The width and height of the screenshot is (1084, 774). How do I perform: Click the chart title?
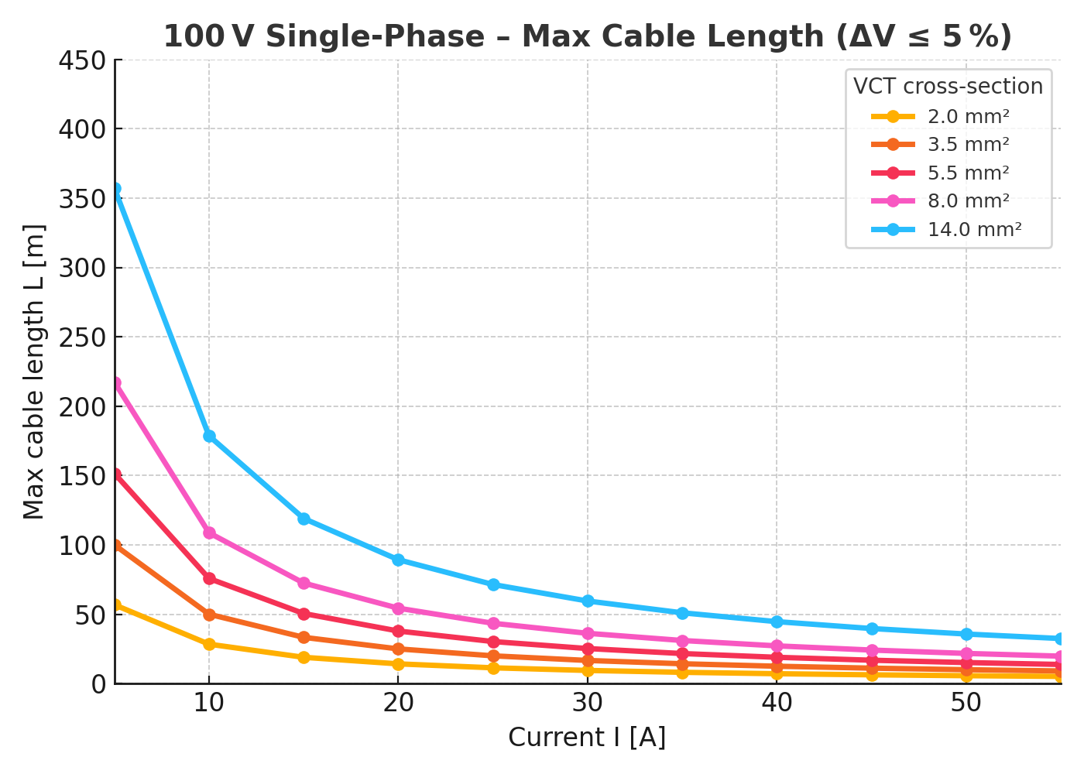pyautogui.click(x=588, y=37)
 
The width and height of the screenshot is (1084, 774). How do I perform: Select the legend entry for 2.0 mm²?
pyautogui.click(x=968, y=117)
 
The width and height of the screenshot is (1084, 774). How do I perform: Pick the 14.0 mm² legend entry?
pyautogui.click(x=974, y=229)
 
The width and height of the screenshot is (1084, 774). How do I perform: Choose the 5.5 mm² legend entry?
pyautogui.click(x=968, y=173)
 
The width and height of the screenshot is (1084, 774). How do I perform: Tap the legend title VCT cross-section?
pyautogui.click(x=948, y=86)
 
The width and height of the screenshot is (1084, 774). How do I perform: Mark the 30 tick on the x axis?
pyautogui.click(x=588, y=703)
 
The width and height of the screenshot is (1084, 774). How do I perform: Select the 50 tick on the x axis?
pyautogui.click(x=966, y=703)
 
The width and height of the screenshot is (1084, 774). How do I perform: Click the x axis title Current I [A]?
pyautogui.click(x=587, y=738)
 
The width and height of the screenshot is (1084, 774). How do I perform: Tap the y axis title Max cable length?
pyautogui.click(x=34, y=372)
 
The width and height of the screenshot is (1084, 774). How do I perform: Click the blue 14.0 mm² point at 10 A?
pyautogui.click(x=209, y=437)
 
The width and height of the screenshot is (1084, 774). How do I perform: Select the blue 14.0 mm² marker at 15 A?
pyautogui.click(x=304, y=519)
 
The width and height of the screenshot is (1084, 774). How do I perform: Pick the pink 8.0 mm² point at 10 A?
pyautogui.click(x=209, y=533)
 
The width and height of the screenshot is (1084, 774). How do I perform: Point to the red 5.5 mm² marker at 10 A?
pyautogui.click(x=209, y=578)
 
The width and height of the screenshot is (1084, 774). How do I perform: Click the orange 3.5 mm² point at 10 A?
pyautogui.click(x=209, y=615)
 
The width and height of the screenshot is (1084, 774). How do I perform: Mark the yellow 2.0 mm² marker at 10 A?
pyautogui.click(x=209, y=644)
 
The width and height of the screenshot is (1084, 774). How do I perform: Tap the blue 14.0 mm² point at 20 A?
pyautogui.click(x=398, y=560)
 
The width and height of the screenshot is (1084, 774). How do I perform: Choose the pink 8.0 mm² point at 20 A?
pyautogui.click(x=398, y=608)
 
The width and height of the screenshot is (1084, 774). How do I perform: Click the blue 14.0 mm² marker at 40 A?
pyautogui.click(x=777, y=622)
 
